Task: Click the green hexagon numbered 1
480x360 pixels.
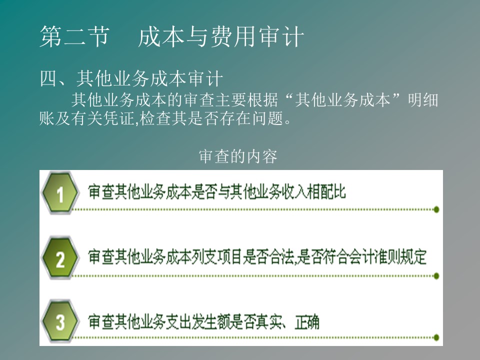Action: click(x=60, y=193)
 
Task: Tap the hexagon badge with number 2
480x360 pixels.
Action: click(x=60, y=258)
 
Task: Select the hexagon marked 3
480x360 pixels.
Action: click(x=60, y=321)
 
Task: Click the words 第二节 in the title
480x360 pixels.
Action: click(x=74, y=36)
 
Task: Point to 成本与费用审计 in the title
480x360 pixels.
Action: click(x=221, y=36)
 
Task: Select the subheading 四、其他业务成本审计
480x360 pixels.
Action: click(x=131, y=78)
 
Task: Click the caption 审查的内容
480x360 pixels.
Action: click(x=238, y=156)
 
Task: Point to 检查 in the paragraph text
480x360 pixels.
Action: click(x=154, y=118)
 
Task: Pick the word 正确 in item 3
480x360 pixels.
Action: click(x=307, y=322)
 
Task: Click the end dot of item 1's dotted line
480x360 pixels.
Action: click(x=436, y=209)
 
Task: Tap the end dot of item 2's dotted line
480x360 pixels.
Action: click(x=436, y=276)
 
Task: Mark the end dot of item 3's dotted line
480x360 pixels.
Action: click(x=436, y=337)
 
